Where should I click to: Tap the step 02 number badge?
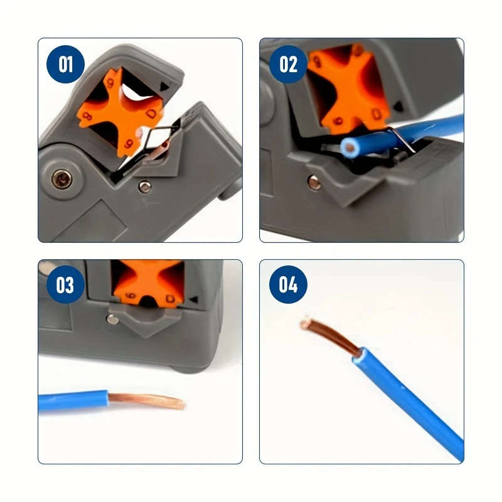tap(288, 65)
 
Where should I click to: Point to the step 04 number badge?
tap(288, 285)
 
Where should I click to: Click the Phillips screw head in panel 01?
tap(63, 180)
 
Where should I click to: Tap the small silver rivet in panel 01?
tap(145, 186)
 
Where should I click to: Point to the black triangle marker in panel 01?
tap(164, 87)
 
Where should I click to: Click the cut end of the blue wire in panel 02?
tap(348, 148)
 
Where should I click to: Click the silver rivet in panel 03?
tap(113, 319)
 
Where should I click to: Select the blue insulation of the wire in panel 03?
tap(72, 401)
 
